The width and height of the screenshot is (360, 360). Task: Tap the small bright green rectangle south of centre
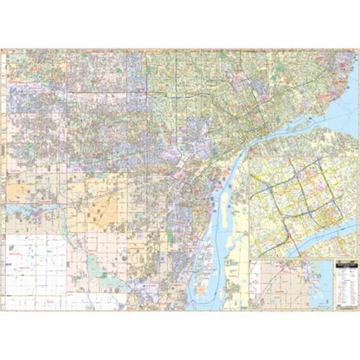click(169, 236)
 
